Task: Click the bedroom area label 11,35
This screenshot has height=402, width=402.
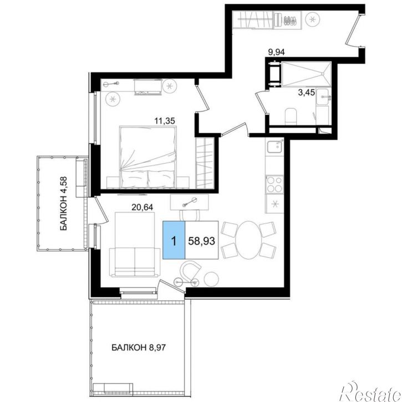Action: [165, 120]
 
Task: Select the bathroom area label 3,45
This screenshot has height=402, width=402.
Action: [307, 92]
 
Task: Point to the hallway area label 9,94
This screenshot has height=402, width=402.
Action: [276, 52]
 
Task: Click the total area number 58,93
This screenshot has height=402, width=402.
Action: [201, 241]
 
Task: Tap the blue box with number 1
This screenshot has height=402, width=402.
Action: [174, 240]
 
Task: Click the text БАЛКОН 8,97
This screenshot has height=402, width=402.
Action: [139, 348]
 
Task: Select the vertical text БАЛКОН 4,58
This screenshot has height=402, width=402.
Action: [64, 203]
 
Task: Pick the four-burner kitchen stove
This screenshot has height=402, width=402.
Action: [274, 184]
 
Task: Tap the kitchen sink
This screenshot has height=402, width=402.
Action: [274, 147]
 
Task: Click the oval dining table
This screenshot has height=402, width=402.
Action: [247, 240]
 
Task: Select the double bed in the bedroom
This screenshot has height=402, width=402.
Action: [147, 157]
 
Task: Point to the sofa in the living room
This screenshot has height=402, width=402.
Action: [135, 244]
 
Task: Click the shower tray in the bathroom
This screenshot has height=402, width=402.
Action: [307, 74]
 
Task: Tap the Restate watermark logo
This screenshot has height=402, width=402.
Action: [370, 391]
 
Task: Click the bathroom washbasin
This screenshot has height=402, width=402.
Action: [323, 96]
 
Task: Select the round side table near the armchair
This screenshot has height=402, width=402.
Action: [211, 278]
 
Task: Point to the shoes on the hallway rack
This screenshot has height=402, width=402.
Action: [291, 21]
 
